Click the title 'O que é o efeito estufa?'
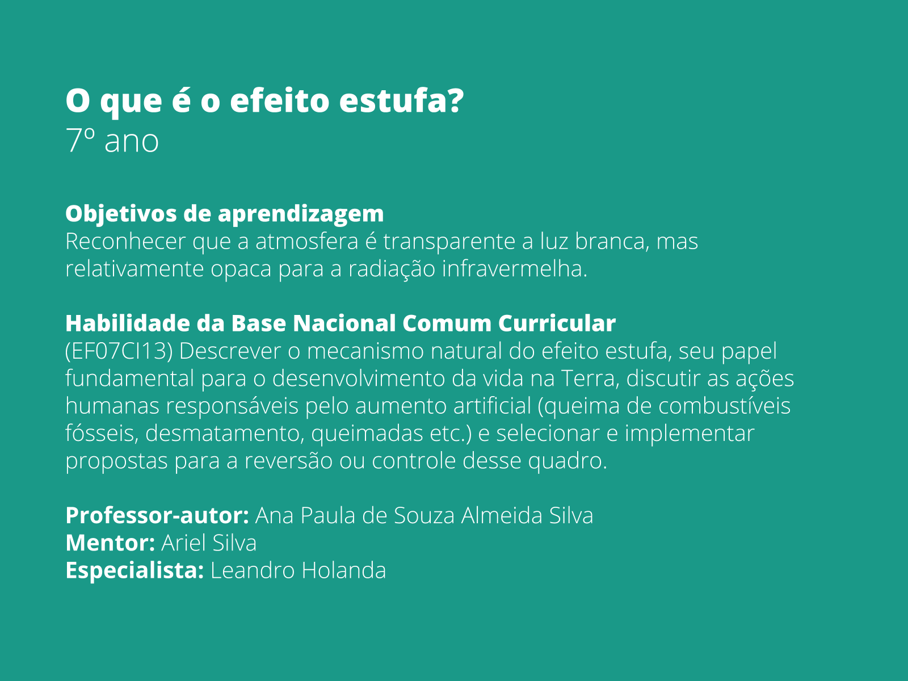tap(264, 100)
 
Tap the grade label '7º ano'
tap(112, 141)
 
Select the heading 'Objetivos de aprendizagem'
tap(224, 214)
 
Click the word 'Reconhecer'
tap(125, 241)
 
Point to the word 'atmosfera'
tap(306, 241)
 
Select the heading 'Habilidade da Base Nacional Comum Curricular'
tap(340, 323)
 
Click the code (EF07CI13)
tap(119, 351)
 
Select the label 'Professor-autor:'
tap(157, 515)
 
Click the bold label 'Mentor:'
tap(110, 543)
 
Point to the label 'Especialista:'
tap(134, 570)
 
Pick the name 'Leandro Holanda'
tap(298, 570)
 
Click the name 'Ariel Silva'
tap(209, 543)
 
